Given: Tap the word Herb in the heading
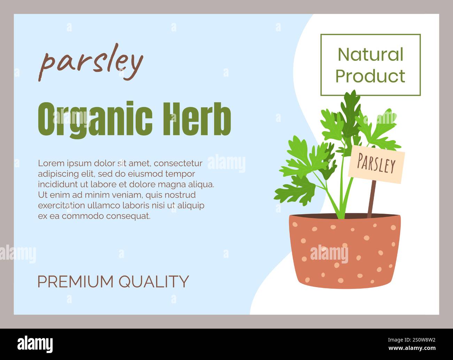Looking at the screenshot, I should (197, 119).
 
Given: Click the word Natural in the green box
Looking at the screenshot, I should (370, 55).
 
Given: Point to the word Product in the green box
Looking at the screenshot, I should (370, 76).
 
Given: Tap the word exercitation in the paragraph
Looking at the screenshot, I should (61, 205).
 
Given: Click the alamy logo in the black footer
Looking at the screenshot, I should (35, 344).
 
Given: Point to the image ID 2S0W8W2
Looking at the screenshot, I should (418, 340).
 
